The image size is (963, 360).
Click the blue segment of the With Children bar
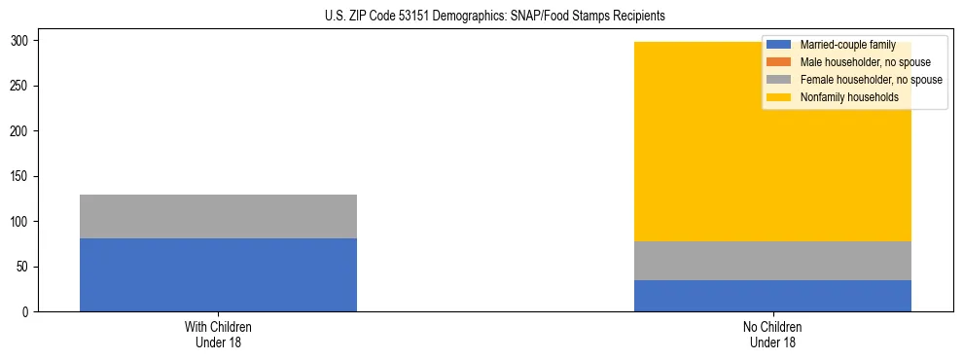click(x=218, y=274)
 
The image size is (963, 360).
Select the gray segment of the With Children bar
click(x=218, y=216)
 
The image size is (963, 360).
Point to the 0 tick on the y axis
click(x=27, y=312)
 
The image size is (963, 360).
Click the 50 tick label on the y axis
click(x=24, y=267)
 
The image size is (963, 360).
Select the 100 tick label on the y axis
click(x=21, y=222)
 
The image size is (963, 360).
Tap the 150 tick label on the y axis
click(x=21, y=176)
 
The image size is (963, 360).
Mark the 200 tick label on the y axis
click(x=21, y=131)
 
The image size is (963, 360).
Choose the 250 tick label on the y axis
click(x=21, y=86)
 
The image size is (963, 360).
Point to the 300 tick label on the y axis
click(x=21, y=41)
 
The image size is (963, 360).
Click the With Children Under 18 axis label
click(x=218, y=334)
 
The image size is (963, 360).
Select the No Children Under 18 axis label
click(x=772, y=334)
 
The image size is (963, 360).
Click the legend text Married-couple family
click(x=847, y=45)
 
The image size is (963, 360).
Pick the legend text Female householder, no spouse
click(x=871, y=80)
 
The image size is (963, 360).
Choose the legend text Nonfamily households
click(x=849, y=97)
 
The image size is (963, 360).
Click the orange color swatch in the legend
click(x=779, y=62)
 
